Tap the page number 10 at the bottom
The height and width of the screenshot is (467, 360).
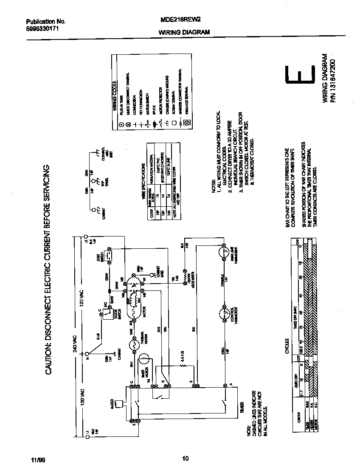coord(185,458)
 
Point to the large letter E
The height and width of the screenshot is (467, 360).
coord(300,76)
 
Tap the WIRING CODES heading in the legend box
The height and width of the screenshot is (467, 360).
coord(115,96)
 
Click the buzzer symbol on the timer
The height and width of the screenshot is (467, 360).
coord(121,403)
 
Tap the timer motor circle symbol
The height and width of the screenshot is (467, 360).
coord(144,360)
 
